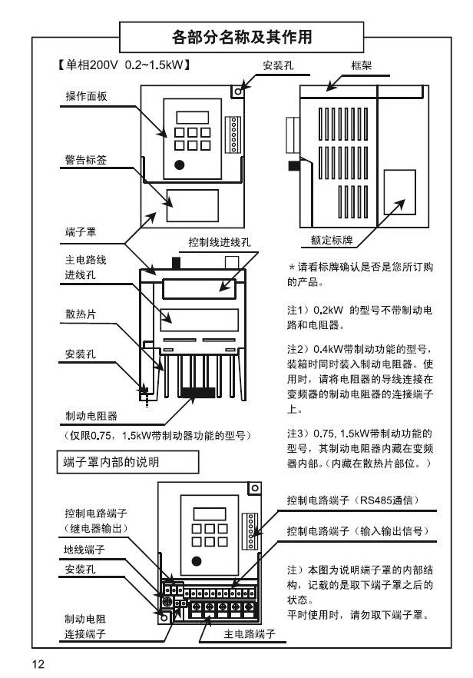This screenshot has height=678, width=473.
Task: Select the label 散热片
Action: pyautogui.click(x=80, y=314)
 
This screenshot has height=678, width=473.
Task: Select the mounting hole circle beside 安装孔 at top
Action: pyautogui.click(x=240, y=90)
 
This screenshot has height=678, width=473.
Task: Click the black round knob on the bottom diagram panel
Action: pyautogui.click(x=197, y=560)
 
